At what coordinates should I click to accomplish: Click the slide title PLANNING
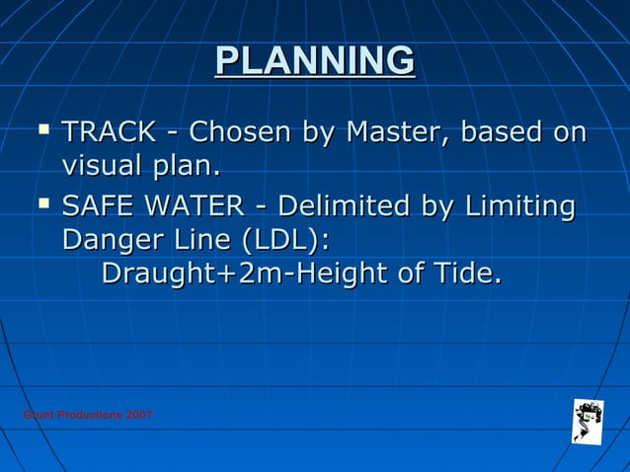[315, 61]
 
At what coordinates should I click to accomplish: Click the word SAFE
[97, 208]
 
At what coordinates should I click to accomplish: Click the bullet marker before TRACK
[43, 129]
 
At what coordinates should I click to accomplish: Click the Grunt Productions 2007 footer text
[87, 415]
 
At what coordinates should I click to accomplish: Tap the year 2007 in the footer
[139, 415]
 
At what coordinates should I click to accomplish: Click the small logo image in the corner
[589, 420]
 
